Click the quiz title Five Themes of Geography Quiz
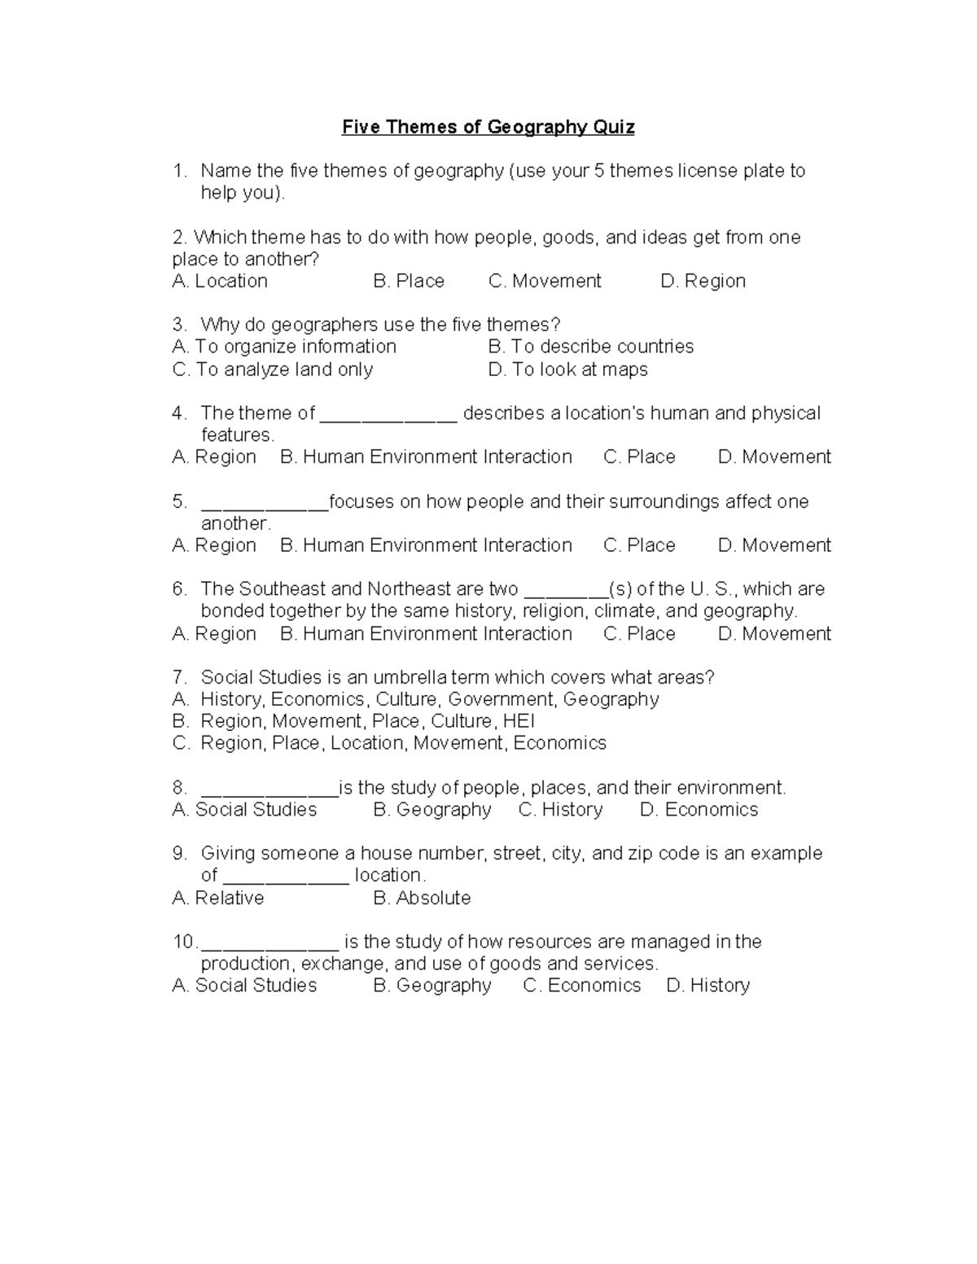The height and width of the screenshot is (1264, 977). (x=488, y=127)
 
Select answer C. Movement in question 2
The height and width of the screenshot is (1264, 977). (x=545, y=281)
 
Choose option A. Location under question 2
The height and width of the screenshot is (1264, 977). (x=220, y=281)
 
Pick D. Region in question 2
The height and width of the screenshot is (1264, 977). (x=703, y=281)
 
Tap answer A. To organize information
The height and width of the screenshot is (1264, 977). (x=284, y=347)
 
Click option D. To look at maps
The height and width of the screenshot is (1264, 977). (x=568, y=370)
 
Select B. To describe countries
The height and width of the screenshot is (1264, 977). (x=591, y=347)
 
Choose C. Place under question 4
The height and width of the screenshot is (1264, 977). (x=639, y=457)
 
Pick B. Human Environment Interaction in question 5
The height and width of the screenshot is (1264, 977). (x=426, y=545)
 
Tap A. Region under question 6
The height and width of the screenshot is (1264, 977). (x=214, y=633)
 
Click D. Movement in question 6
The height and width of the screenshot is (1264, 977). (x=774, y=633)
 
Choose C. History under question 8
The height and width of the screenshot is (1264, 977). (x=561, y=809)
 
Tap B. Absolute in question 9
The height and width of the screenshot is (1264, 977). (x=422, y=898)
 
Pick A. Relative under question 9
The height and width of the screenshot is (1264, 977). (x=218, y=898)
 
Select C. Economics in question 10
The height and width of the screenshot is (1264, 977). (x=582, y=986)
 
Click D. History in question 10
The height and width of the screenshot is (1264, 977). (x=708, y=986)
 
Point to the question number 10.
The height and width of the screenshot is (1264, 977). (x=183, y=942)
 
